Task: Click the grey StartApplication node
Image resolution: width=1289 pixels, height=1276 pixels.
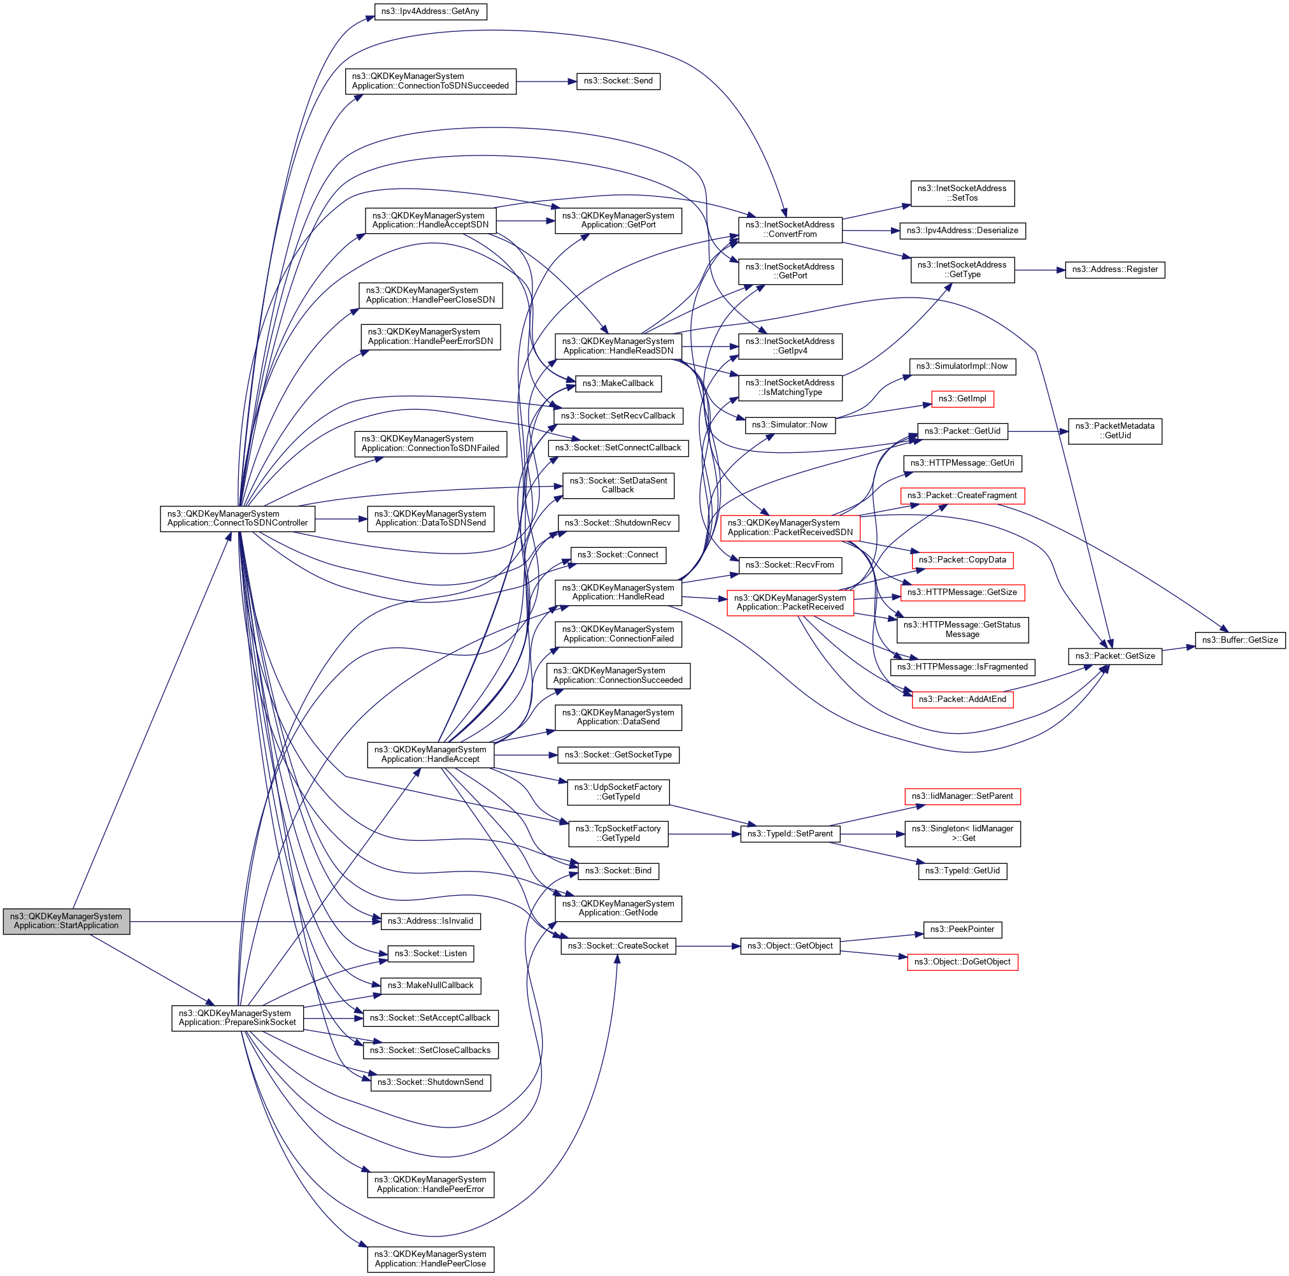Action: tap(66, 921)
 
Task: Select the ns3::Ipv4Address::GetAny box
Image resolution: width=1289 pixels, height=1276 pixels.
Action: tap(431, 11)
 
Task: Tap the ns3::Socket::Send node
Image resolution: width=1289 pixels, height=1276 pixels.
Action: tap(618, 81)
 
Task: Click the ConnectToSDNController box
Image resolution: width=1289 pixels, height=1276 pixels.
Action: tap(238, 519)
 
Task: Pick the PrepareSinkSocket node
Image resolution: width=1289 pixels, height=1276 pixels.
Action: tap(238, 1018)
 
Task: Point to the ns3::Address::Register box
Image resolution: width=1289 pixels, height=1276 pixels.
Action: tap(1115, 269)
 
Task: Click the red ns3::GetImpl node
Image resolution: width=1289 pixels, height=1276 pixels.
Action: tap(962, 399)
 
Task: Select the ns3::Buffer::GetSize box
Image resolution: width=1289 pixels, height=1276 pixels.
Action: tap(1239, 640)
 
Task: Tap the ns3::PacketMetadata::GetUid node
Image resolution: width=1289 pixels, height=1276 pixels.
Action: tap(1115, 431)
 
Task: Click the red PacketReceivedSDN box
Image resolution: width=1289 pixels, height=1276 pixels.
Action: tap(790, 528)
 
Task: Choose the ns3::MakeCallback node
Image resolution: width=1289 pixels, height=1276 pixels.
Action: tap(618, 383)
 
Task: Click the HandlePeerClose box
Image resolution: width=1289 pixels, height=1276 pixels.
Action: tap(431, 1259)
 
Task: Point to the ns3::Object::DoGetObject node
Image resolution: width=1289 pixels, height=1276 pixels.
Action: tap(962, 962)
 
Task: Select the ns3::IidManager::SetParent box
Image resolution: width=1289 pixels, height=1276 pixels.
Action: tap(962, 796)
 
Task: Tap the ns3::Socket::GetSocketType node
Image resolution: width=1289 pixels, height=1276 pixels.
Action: tap(618, 755)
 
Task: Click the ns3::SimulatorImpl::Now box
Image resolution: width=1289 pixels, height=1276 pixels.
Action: tap(962, 366)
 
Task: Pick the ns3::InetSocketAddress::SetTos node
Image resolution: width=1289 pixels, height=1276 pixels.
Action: tap(962, 194)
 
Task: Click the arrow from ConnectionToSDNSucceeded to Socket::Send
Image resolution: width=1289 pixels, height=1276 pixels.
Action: tap(546, 82)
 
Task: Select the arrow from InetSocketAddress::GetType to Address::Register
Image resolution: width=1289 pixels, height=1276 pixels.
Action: tap(1039, 270)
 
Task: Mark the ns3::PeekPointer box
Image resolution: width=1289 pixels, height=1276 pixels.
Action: tap(962, 929)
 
